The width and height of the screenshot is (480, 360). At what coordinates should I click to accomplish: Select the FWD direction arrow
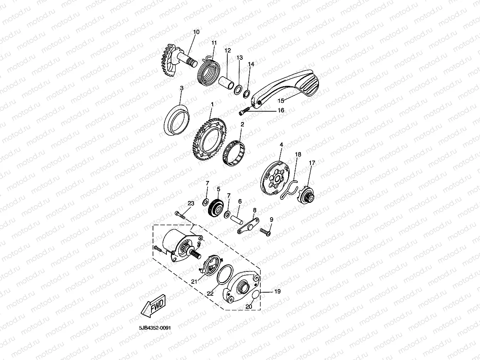coord(153,306)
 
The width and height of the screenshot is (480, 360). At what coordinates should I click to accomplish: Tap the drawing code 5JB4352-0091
coord(155,328)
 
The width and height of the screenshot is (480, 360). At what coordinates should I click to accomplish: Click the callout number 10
coord(196,32)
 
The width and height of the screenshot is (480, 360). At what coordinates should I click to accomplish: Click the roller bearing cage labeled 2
coord(233,153)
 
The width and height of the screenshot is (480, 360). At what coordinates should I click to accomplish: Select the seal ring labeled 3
coord(177,120)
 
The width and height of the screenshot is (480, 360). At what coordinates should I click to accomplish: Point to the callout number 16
coord(281,111)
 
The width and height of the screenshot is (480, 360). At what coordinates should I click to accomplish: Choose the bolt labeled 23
coord(180,215)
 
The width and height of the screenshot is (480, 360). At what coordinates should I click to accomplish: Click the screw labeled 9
coord(265,232)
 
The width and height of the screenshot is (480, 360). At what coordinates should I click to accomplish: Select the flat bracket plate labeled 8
coord(248,226)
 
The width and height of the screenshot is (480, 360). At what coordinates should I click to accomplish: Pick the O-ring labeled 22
coord(225,275)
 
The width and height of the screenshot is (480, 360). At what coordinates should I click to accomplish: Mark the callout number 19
coord(277,291)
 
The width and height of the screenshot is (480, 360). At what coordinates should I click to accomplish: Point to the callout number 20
coord(248,306)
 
